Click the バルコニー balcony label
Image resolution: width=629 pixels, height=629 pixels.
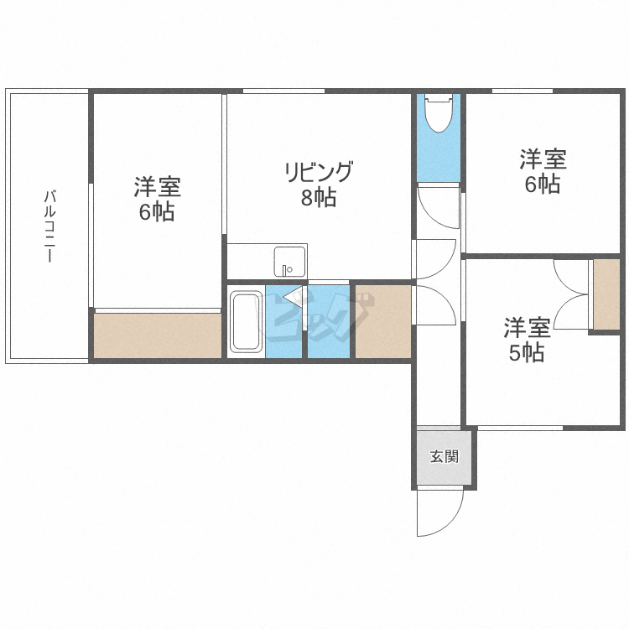point(49,226)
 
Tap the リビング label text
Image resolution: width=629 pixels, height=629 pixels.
point(319,173)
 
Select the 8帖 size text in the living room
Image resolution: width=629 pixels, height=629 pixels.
point(319,199)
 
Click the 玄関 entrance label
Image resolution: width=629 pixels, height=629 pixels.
point(444,457)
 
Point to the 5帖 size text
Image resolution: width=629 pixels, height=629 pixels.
point(527,353)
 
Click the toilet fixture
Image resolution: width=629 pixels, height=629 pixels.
point(439,113)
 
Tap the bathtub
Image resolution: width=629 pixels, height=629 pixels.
point(246,322)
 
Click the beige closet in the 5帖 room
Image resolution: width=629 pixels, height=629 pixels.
point(606,294)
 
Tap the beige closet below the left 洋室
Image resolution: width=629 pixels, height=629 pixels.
point(158,335)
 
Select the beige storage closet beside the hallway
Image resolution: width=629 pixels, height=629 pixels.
point(382,322)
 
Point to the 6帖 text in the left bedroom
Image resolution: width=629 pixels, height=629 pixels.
point(157,212)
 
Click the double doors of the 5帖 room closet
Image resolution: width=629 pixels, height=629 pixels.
point(572,294)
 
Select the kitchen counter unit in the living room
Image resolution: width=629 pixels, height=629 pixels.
point(267,261)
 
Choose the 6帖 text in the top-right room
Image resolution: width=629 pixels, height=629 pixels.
point(543,185)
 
